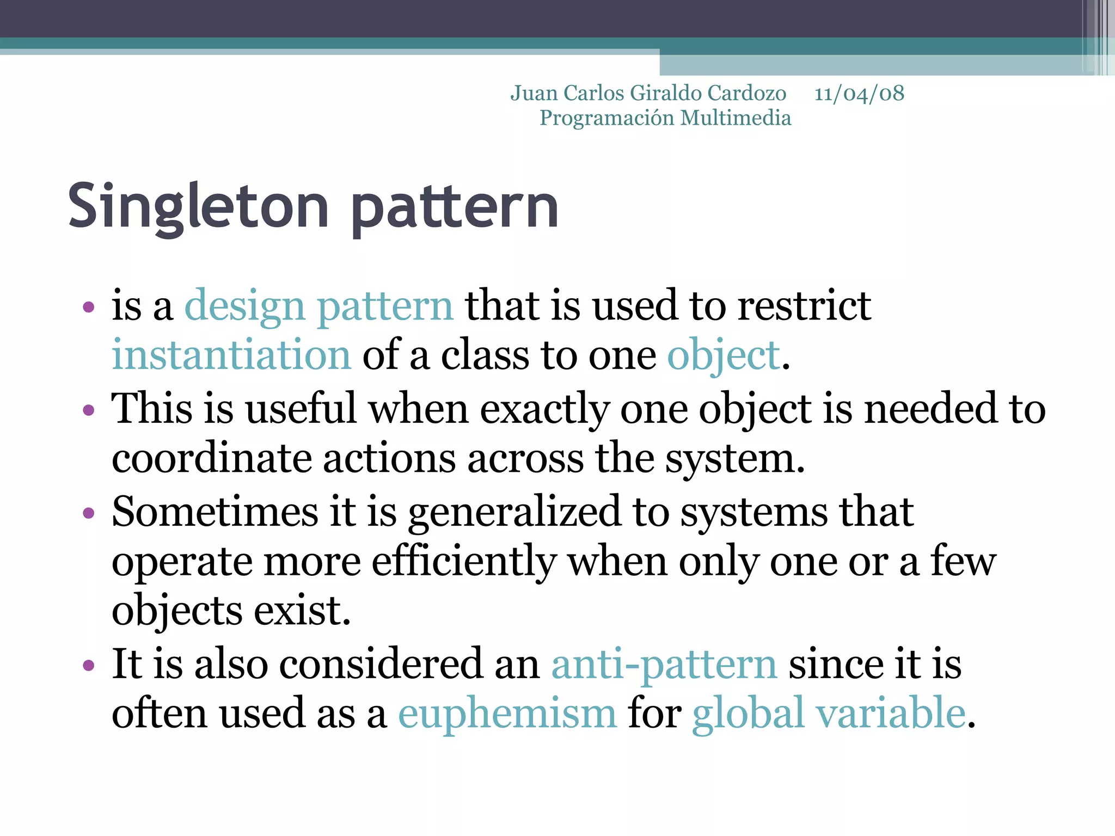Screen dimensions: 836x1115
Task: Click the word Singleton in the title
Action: (198, 207)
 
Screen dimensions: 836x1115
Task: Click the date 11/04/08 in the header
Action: (859, 94)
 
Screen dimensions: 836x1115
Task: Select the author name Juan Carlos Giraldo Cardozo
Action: (648, 94)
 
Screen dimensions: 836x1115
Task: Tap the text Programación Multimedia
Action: (665, 118)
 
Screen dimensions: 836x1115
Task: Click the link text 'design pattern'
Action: (318, 306)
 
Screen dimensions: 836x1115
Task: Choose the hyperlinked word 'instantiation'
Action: (231, 355)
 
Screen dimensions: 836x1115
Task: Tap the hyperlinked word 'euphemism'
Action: (507, 714)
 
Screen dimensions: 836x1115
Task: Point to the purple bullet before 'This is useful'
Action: (89, 410)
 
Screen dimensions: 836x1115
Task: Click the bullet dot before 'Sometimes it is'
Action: (89, 513)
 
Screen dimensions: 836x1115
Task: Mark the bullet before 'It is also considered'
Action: (89, 665)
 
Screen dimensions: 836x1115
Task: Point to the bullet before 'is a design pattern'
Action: (89, 308)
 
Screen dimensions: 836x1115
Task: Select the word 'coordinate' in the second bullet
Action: (211, 459)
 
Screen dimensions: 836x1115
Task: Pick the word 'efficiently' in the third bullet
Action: (464, 562)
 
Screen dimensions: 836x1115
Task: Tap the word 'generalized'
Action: (514, 513)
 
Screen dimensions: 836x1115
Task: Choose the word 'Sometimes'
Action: (215, 512)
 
